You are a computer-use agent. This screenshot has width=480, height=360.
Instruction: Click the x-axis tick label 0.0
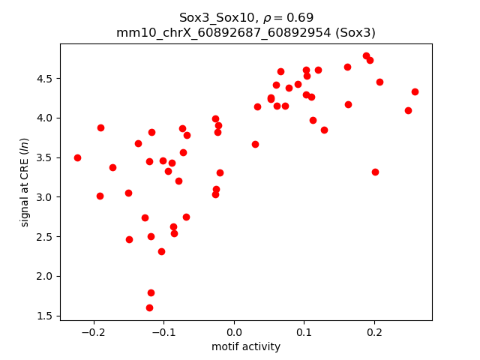point(234,332)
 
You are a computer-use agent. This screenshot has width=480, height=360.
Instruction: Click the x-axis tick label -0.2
point(93,332)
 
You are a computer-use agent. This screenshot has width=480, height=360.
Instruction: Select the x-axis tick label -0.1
point(163,332)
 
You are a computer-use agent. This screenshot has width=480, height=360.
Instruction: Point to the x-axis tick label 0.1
point(304,332)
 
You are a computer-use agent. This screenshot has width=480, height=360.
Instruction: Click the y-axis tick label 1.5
point(46,316)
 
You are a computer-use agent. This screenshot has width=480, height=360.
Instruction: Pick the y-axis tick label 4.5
point(46,78)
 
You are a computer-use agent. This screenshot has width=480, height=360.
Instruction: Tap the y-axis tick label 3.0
point(46,197)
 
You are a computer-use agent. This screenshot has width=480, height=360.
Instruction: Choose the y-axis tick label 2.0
point(46,276)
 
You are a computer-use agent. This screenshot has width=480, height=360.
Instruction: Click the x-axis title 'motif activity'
point(246,346)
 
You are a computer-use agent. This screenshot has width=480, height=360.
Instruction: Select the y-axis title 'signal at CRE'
point(25,182)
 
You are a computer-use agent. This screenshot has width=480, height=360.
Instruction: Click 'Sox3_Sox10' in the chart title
point(213,17)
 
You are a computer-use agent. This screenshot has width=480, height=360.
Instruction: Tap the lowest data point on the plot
point(149,307)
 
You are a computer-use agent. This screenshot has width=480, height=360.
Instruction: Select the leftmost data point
point(77,157)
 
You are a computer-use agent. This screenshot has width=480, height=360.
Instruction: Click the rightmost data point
point(415,91)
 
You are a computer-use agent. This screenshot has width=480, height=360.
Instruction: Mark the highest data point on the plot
point(366,55)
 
